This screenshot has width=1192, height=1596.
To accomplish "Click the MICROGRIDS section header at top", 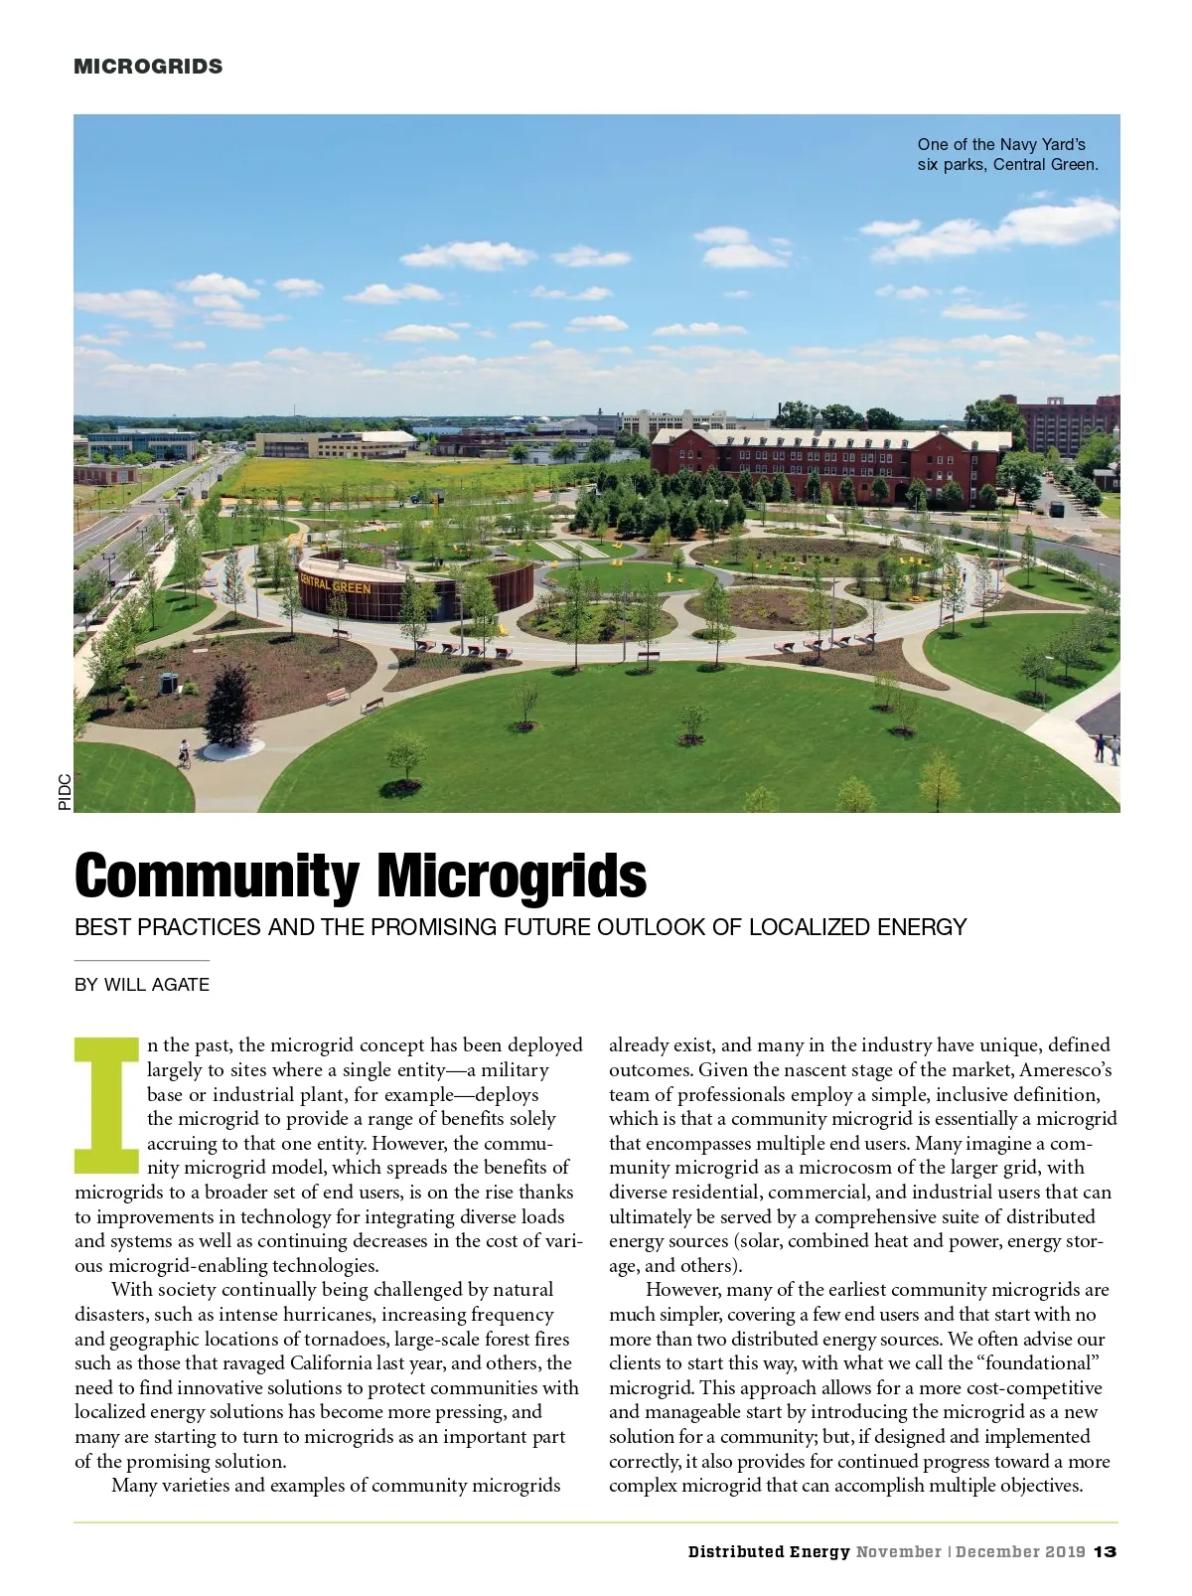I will point(148,67).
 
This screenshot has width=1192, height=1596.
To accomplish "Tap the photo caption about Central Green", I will point(1007,154).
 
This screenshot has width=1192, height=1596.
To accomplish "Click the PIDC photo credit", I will point(65,791).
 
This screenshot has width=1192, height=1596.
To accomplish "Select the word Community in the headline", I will point(217,876).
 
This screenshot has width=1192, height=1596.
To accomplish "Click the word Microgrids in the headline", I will point(511,876).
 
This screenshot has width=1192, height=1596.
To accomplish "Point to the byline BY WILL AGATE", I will point(142,985).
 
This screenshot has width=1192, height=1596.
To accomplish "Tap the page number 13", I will point(1106,1551).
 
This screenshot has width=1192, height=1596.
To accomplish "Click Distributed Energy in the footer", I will point(769,1551).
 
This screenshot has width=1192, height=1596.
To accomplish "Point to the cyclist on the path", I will point(183,755).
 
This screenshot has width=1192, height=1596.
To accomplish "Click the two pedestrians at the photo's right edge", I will point(1107,747).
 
